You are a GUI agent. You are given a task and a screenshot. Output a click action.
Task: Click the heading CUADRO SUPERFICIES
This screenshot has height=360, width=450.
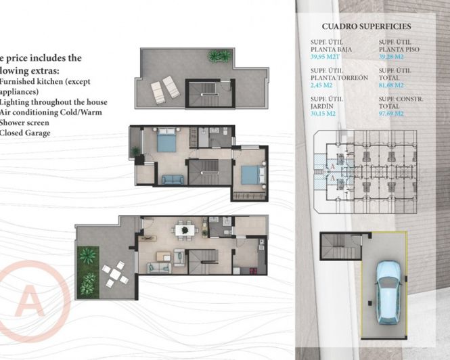point(366,26)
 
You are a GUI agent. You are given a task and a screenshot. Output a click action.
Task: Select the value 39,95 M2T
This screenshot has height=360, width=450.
point(325,58)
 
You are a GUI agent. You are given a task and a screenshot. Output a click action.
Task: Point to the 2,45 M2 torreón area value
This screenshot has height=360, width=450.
point(321,85)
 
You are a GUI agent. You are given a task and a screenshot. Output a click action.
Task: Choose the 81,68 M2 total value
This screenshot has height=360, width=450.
point(392,85)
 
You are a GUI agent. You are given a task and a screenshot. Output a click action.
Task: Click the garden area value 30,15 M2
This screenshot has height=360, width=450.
point(323,114)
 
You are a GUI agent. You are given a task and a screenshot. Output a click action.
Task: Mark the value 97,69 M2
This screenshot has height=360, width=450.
point(392,114)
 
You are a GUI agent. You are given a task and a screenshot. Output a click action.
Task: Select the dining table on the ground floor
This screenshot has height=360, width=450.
point(183,231)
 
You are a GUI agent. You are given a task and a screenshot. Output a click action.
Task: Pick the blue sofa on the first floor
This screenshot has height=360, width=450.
point(172,179)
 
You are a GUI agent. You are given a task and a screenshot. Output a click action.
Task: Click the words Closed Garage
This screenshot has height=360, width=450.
point(23,133)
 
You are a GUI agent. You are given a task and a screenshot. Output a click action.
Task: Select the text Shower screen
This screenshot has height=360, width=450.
point(23,122)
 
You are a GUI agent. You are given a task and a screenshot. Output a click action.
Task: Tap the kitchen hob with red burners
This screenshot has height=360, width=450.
point(259,243)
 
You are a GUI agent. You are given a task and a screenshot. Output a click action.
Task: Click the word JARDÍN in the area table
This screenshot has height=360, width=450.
point(321,106)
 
